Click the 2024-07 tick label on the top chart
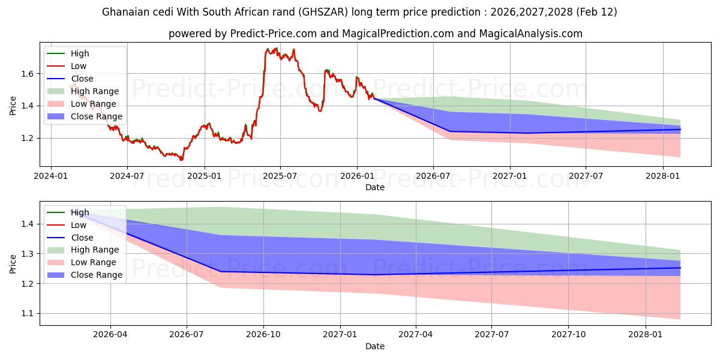(x=127, y=176)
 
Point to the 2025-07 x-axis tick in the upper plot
(x=280, y=176)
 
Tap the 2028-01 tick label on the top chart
(x=663, y=176)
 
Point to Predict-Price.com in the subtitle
(x=273, y=34)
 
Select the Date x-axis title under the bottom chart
(x=375, y=346)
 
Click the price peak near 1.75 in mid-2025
(x=268, y=49)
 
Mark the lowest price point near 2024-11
(x=181, y=160)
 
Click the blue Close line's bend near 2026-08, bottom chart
(x=220, y=271)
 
